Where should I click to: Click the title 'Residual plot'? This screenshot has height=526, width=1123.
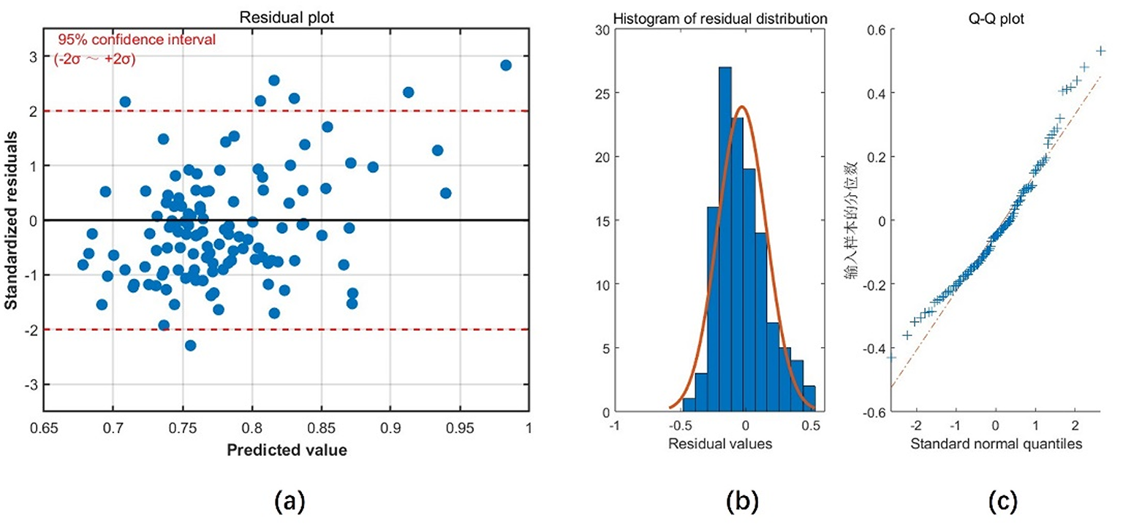pos(287,16)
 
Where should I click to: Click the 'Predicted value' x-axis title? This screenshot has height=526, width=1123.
pos(287,450)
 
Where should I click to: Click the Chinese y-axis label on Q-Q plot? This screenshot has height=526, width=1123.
pos(852,221)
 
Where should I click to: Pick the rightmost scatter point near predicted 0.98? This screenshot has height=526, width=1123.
pos(505,65)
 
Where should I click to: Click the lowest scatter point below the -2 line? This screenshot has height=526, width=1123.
pos(190,346)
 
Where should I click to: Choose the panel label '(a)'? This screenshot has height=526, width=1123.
pos(287,501)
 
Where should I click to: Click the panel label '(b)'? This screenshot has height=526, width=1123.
pos(740,501)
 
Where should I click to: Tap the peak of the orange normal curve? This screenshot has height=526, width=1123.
pos(742,107)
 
